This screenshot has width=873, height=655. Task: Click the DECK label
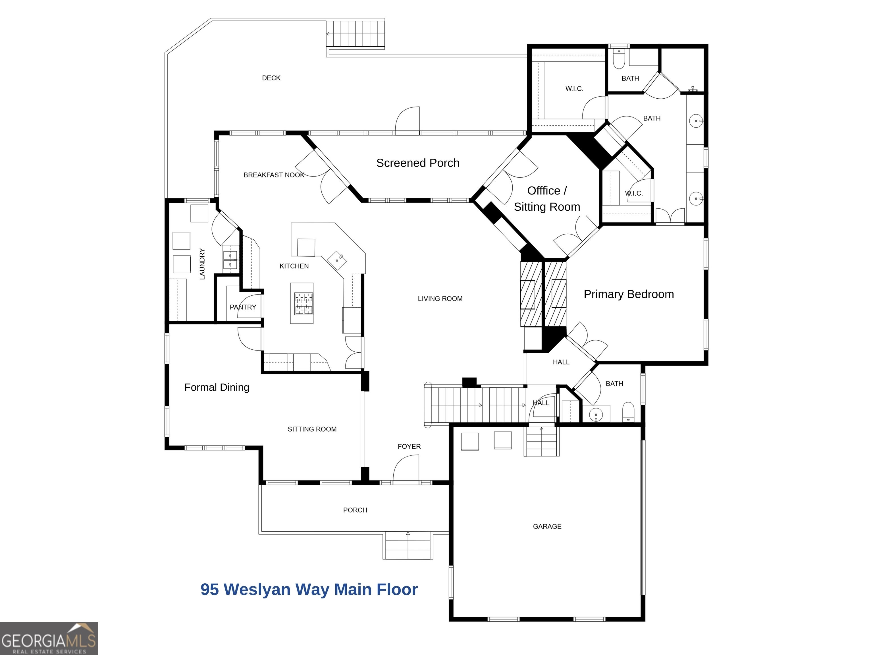pyautogui.click(x=271, y=78)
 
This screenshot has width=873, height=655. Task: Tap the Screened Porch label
pyautogui.click(x=417, y=163)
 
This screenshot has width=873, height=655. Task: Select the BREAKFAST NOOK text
pyautogui.click(x=274, y=175)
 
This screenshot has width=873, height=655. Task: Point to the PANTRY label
pyautogui.click(x=243, y=307)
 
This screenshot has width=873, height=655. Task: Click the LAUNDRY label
pyautogui.click(x=202, y=264)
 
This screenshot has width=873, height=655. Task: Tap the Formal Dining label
pyautogui.click(x=217, y=387)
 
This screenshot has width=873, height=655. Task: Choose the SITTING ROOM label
pyautogui.click(x=312, y=429)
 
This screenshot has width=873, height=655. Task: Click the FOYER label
pyautogui.click(x=409, y=447)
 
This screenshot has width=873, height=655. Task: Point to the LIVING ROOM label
pyautogui.click(x=440, y=299)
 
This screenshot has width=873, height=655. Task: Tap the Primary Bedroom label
pyautogui.click(x=629, y=294)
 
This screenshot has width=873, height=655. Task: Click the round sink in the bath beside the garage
pyautogui.click(x=596, y=414)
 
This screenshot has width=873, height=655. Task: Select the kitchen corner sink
pyautogui.click(x=337, y=260)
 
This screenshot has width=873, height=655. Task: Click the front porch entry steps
pyautogui.click(x=408, y=545)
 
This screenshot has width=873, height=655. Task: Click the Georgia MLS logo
pyautogui.click(x=49, y=639)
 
